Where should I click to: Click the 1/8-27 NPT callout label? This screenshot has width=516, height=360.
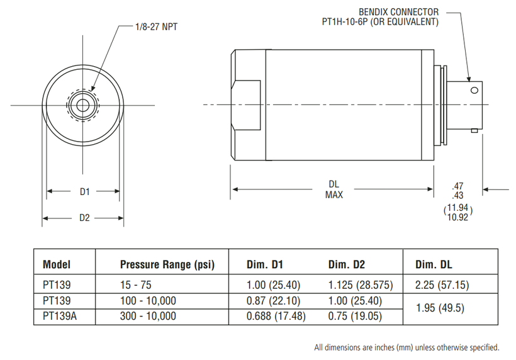[x=156, y=26]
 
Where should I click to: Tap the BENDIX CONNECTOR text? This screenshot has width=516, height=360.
[x=398, y=12]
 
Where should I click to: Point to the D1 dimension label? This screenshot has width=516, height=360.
[x=85, y=191]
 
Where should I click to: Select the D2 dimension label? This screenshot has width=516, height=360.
[x=84, y=218]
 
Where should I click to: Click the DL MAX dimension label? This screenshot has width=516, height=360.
[x=334, y=189]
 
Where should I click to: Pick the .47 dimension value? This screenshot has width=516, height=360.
[x=457, y=186]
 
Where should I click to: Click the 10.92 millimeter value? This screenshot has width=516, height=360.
[x=457, y=218]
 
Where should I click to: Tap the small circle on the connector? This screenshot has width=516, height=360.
[x=474, y=90]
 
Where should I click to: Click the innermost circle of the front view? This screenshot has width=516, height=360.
[x=82, y=106]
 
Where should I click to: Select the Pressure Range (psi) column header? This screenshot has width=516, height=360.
[x=167, y=264]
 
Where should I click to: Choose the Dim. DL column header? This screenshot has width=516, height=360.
[x=434, y=264]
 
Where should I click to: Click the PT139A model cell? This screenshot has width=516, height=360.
[x=60, y=316]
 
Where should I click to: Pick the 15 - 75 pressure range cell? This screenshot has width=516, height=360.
[x=135, y=285]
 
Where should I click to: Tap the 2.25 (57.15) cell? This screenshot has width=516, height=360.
[x=442, y=285]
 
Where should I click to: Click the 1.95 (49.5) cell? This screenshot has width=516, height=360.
[x=440, y=308]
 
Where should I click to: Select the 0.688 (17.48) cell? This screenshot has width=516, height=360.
[x=276, y=316]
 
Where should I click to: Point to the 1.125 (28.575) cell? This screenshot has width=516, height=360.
[x=361, y=285]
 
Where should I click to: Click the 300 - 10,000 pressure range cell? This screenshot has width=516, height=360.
[x=148, y=316]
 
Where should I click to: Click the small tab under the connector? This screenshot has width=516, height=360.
[x=474, y=131]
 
